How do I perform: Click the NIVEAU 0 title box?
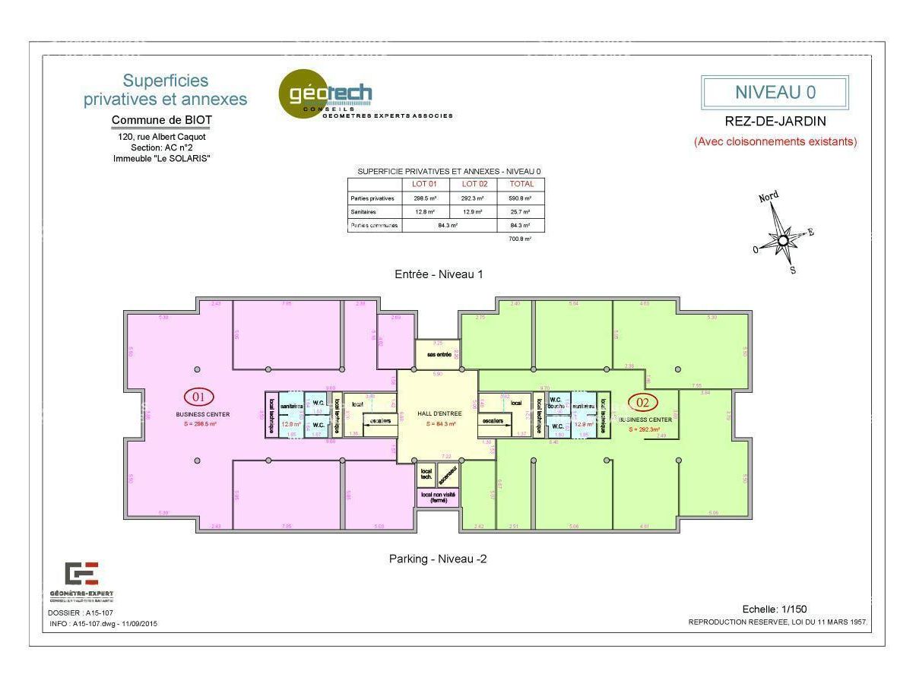pos(775,93)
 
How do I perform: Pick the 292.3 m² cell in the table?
pos(474,198)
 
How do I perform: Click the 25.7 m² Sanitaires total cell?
pos(521,212)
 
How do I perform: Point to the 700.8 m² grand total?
pos(521,239)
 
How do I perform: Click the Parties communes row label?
pos(375,226)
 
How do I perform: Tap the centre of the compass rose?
pos(783,241)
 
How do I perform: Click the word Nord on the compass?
pos(769,198)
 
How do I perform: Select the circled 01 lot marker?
pos(199,397)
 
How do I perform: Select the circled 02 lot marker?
pos(643,403)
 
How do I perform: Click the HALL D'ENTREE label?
pos(439,413)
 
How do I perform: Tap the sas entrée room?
pos(439,354)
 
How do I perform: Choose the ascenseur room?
pos(448,475)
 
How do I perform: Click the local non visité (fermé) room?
pos(439,498)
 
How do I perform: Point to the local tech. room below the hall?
pos(426,473)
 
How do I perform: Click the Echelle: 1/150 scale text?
pos(775,609)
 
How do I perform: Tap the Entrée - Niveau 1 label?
pos(439,274)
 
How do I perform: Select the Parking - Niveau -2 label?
pos(438,559)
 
